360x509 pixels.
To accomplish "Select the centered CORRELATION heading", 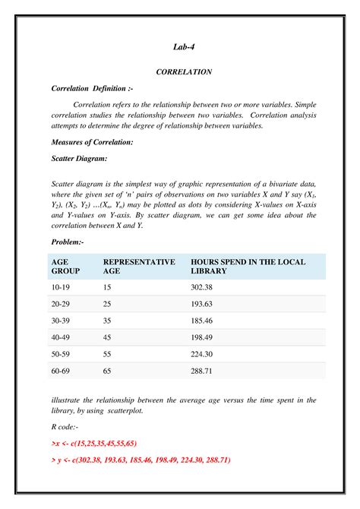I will click(183, 71).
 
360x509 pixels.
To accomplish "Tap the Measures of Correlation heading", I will click(92, 142).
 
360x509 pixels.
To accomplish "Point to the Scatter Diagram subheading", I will click(79, 158).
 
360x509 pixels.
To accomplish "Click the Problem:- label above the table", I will click(68, 241).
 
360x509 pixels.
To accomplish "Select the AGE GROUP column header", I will click(65, 266).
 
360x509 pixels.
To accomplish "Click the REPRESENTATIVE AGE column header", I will click(138, 266).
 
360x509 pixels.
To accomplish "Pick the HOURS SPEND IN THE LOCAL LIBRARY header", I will click(248, 266).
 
